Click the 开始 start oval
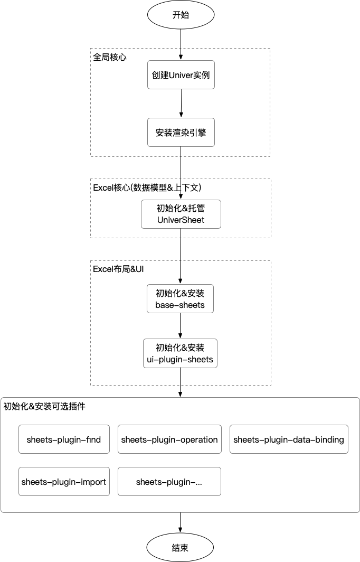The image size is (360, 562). pos(181,15)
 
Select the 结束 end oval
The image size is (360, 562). pos(180,547)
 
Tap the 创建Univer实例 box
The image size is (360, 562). pos(181,75)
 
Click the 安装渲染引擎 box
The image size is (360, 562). pos(181,132)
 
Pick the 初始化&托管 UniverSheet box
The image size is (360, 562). pos(181,214)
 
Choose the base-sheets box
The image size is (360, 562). pos(180,298)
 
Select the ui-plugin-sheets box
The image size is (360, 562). pos(180,353)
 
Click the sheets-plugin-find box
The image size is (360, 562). pos(64,439)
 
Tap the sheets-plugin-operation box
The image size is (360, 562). pos(169,439)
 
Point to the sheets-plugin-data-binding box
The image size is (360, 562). pos(289,439)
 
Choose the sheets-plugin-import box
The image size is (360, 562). pos(64,481)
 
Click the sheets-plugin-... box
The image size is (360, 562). pos(169,481)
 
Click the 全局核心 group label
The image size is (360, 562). pos(110,57)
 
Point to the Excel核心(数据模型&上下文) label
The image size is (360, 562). pos(147,188)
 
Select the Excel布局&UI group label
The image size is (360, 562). pos(118,269)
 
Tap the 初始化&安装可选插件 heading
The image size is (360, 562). pos(44,406)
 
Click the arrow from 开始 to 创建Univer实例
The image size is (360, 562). pos(181,44)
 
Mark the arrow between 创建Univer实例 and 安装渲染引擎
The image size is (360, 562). pos(181,103)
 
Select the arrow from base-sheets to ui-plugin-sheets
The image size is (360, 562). pos(180,326)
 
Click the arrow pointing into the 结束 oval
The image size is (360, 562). pos(180,522)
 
